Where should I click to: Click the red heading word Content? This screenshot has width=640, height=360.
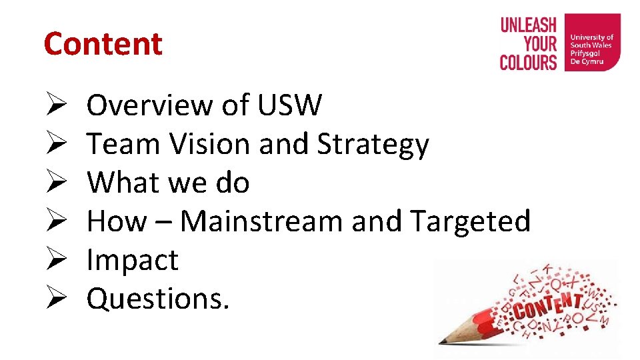(103, 44)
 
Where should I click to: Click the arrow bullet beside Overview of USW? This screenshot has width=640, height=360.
(55, 105)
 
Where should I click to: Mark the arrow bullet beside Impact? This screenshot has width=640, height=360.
(55, 260)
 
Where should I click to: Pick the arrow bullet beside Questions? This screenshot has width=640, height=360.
(55, 299)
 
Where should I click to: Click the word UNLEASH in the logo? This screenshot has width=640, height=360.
(528, 25)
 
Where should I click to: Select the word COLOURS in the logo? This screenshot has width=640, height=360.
(528, 63)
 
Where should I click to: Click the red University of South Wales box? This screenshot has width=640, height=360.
(592, 43)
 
